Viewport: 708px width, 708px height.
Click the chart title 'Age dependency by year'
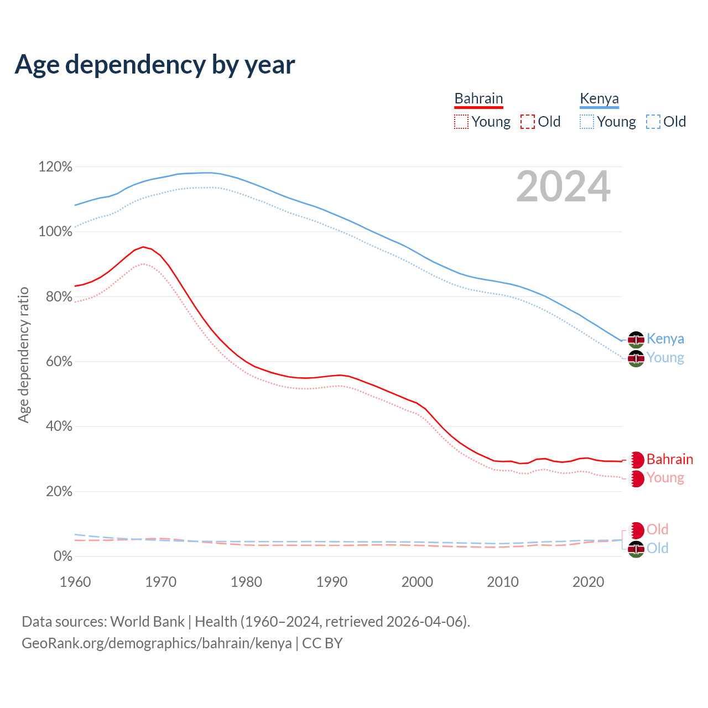(155, 65)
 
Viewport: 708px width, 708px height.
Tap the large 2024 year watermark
(563, 186)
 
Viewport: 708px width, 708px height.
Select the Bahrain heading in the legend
(478, 98)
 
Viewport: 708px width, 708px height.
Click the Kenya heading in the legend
(599, 98)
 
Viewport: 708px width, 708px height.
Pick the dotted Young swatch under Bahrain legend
(461, 122)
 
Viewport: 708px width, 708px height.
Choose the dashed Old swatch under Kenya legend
(653, 122)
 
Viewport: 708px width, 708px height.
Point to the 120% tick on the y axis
(55, 166)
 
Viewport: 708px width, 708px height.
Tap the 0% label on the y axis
(63, 556)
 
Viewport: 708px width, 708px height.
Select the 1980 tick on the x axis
(246, 582)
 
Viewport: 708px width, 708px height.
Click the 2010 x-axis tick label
(503, 582)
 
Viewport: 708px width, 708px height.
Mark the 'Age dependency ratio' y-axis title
(23, 355)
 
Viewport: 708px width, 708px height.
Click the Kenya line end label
(665, 339)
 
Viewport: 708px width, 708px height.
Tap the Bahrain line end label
(669, 459)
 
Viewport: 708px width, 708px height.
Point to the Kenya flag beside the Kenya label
(636, 339)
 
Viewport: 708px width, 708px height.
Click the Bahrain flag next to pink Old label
(637, 530)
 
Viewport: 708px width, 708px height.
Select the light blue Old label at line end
(658, 548)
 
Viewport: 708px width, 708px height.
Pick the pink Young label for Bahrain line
(665, 477)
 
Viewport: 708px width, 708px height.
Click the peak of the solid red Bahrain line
(143, 247)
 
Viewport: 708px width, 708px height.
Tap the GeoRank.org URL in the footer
(157, 643)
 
